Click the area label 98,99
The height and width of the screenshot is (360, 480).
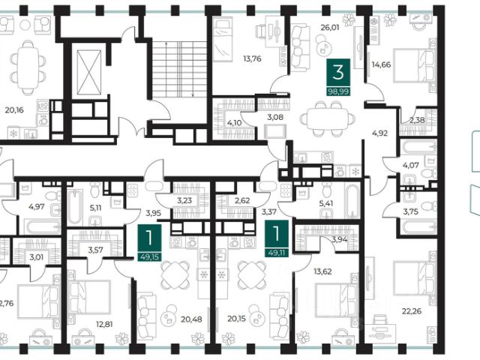pos(338,91)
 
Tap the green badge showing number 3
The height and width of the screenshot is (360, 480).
pos(338,73)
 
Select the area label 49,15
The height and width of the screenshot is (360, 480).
pos(150,256)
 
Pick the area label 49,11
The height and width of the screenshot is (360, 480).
pos(277,253)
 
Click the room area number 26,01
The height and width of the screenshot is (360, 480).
pos(330,28)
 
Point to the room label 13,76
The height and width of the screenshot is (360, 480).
pos(252,58)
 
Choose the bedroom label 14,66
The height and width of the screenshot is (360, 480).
pos(381,64)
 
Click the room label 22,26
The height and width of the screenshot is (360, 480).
pos(412,311)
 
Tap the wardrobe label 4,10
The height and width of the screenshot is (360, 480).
pos(235,123)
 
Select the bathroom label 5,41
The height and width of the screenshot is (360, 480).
pos(326,203)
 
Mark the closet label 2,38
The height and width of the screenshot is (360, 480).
pos(417,120)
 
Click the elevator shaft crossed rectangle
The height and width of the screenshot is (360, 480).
pos(88,73)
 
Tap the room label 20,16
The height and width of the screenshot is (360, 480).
pos(14,110)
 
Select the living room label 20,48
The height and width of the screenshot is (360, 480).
pos(191,319)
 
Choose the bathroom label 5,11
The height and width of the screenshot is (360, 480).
pos(95,208)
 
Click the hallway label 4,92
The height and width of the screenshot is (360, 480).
pos(380,133)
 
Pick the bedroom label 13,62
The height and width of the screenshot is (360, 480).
pos(323,271)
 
